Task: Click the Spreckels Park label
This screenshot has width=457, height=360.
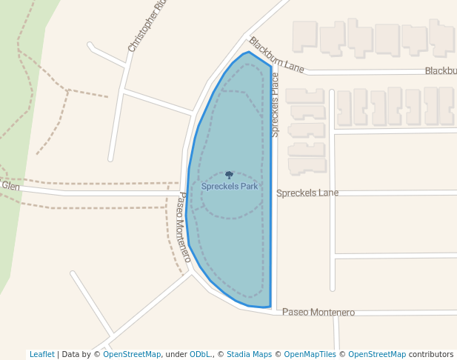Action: pyautogui.click(x=230, y=187)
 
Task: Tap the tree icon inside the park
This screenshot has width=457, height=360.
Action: pyautogui.click(x=229, y=176)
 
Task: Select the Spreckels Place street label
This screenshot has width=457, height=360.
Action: pyautogui.click(x=275, y=104)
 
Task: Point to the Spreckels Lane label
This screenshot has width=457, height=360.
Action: pyautogui.click(x=307, y=193)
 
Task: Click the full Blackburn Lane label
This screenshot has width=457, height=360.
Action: pyautogui.click(x=276, y=56)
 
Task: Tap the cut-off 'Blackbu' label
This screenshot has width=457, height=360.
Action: pyautogui.click(x=440, y=71)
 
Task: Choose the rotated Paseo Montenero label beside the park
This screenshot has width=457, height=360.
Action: pyautogui.click(x=184, y=227)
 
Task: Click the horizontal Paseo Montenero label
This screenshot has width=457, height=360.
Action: pyautogui.click(x=318, y=313)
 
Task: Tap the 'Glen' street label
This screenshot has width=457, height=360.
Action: pyautogui.click(x=10, y=186)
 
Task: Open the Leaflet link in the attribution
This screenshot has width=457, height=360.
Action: pyautogui.click(x=41, y=354)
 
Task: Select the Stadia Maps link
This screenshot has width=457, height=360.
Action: pyautogui.click(x=249, y=354)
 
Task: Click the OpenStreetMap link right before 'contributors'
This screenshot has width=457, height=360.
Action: pyautogui.click(x=377, y=354)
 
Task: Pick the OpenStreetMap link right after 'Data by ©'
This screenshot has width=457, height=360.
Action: pyautogui.click(x=132, y=354)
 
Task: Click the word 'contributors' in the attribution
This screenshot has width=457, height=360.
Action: pyautogui.click(x=431, y=354)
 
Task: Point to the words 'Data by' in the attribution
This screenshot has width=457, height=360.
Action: pyautogui.click(x=77, y=354)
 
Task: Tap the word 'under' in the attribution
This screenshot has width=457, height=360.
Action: pyautogui.click(x=176, y=354)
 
